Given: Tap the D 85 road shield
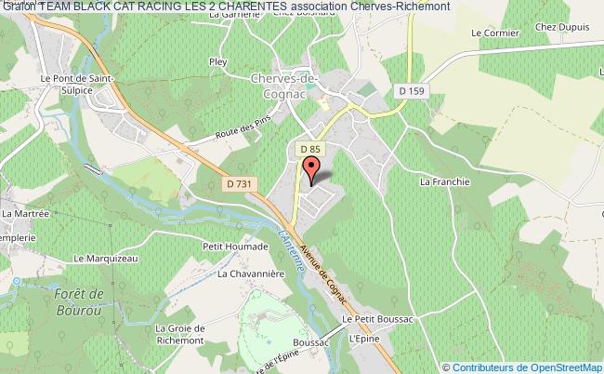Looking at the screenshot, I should click(310, 148).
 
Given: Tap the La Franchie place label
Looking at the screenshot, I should click(442, 182).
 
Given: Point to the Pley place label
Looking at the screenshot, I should click(219, 62).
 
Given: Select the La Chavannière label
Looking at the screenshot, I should click(249, 274).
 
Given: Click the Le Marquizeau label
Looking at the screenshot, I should click(105, 259).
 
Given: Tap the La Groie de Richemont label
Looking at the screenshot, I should click(185, 334).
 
